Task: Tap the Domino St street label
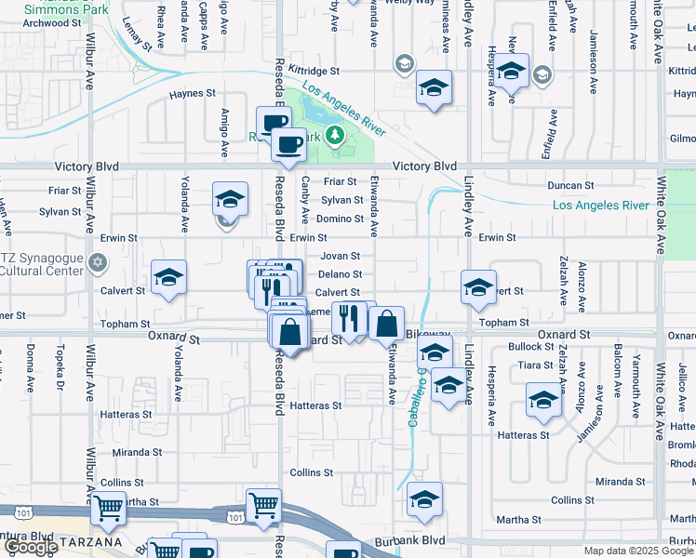pos(341,219)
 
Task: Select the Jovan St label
pos(340,256)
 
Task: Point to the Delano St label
pos(340,274)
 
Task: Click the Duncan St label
pos(570,186)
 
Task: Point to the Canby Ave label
pos(305,201)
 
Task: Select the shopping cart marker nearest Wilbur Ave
pos(109,508)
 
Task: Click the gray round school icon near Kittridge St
pos(405,64)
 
